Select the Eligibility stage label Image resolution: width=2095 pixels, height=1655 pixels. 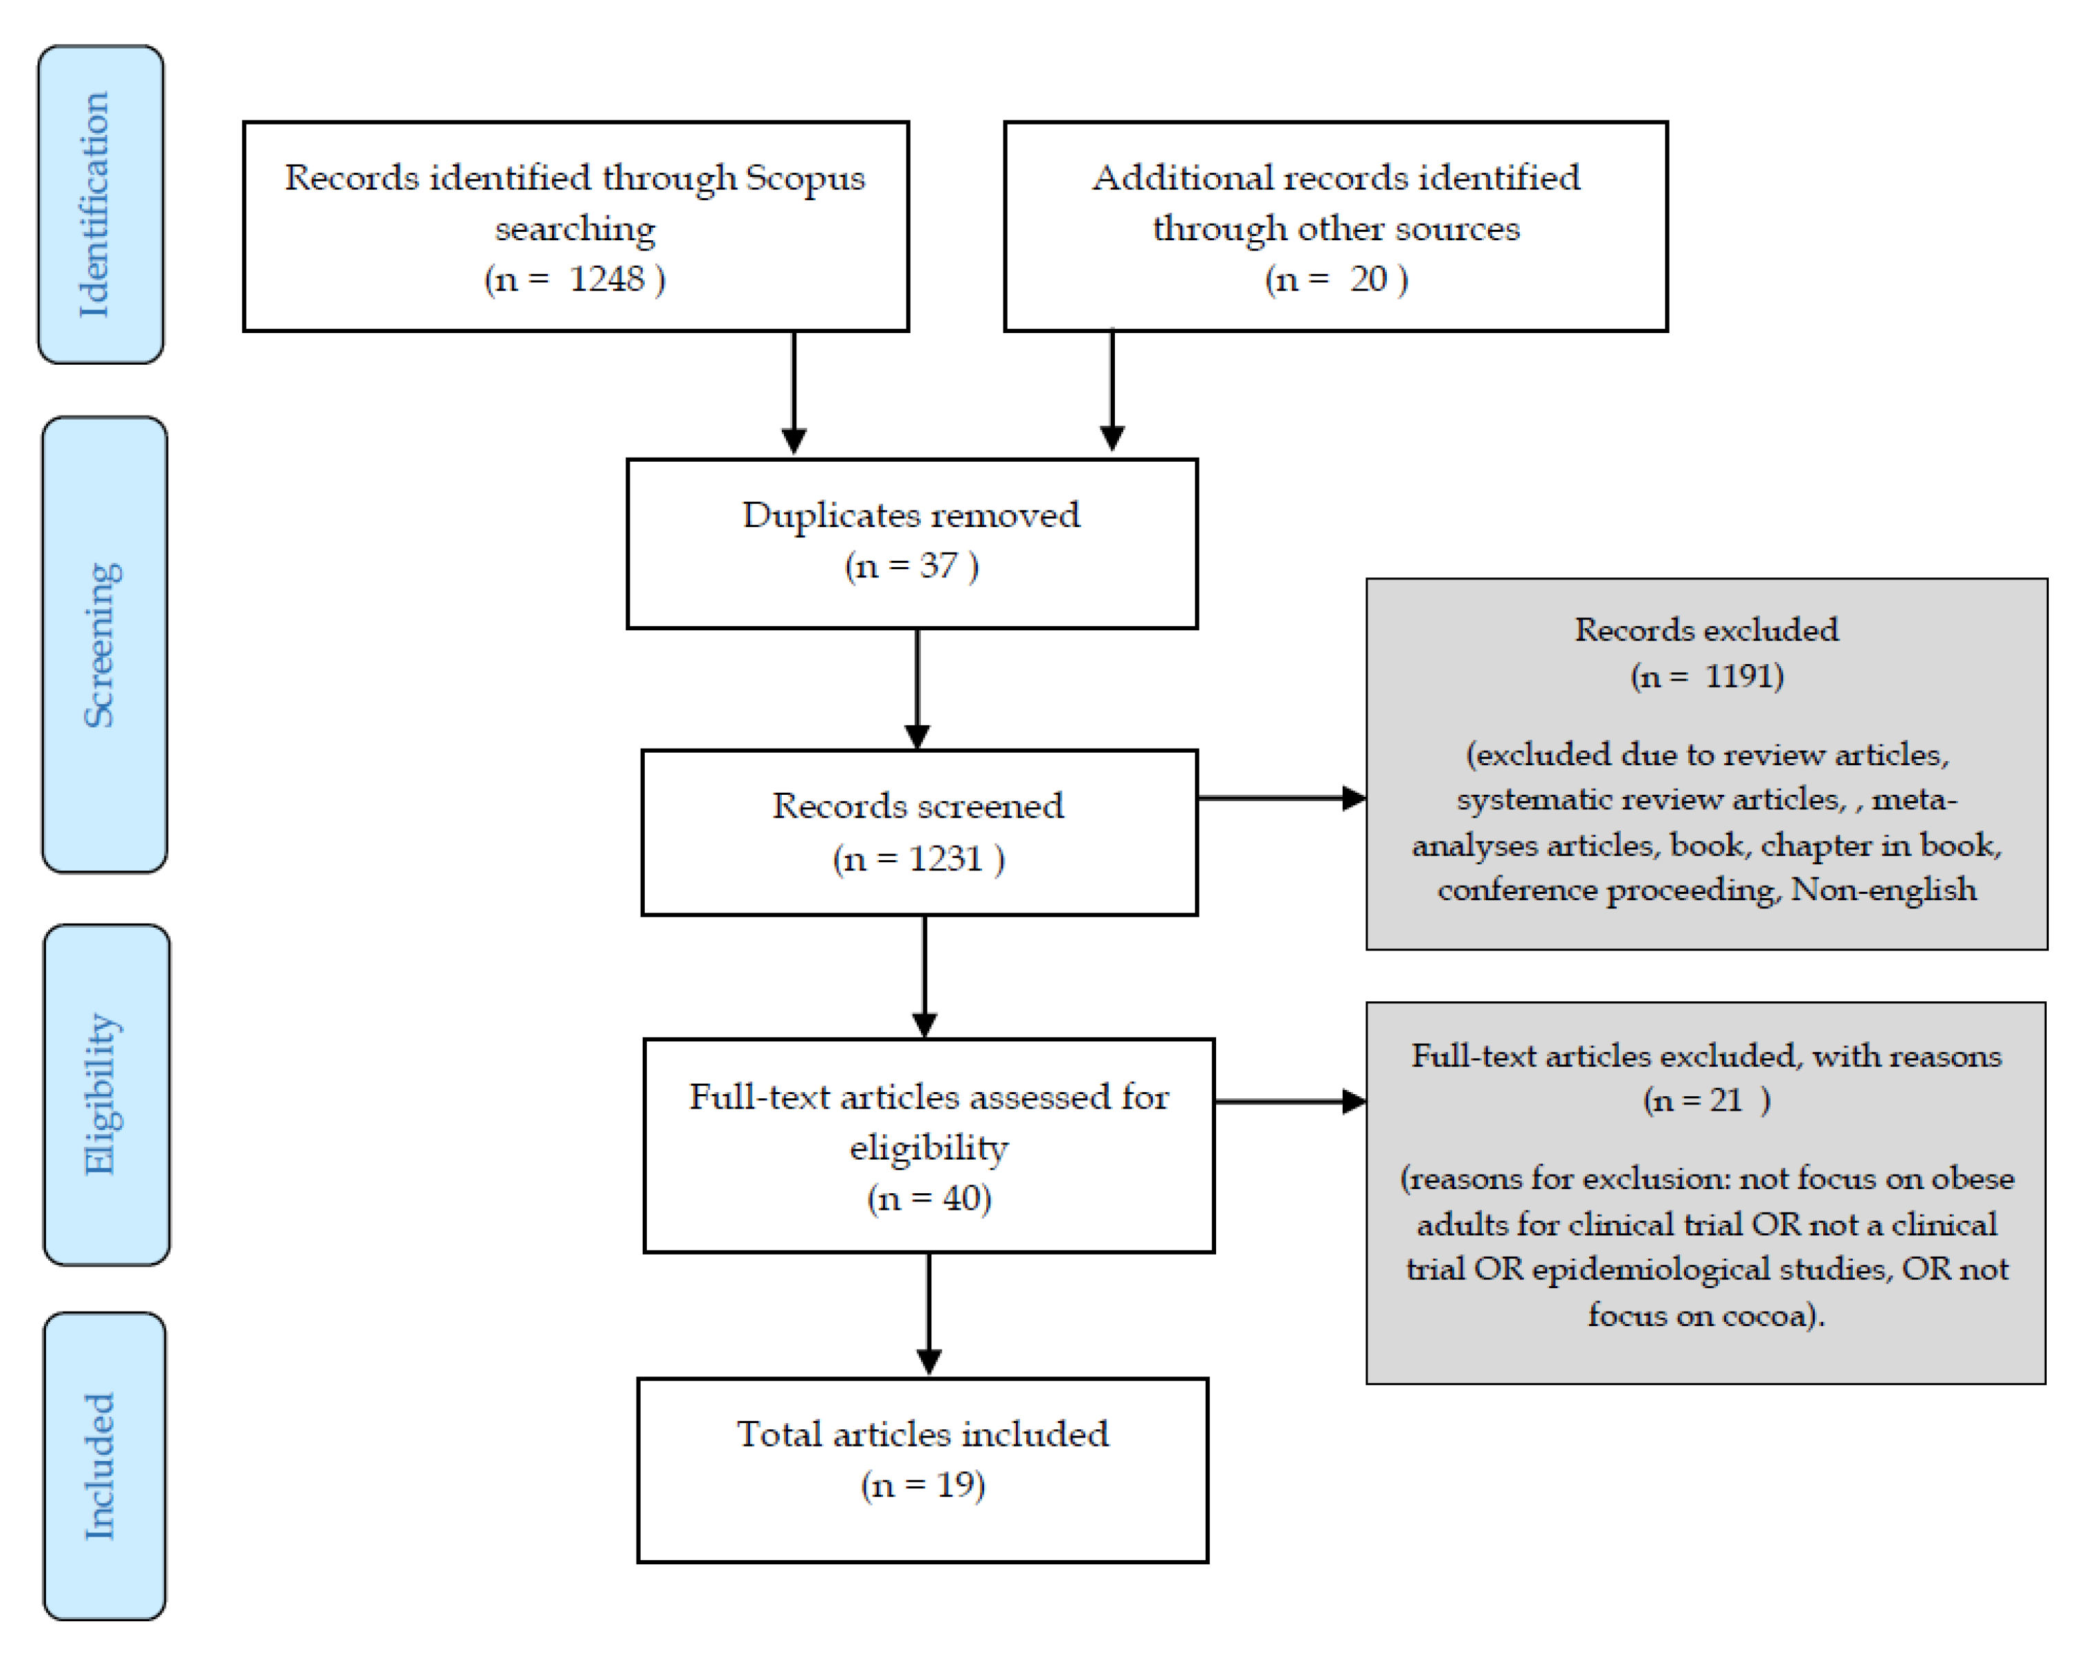103,1095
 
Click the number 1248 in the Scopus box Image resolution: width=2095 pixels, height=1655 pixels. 606,279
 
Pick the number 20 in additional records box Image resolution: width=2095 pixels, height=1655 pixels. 1368,279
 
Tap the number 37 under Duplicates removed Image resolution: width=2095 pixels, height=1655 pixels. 938,565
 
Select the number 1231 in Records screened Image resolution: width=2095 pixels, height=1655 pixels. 946,859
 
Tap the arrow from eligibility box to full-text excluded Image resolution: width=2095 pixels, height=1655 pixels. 1289,1102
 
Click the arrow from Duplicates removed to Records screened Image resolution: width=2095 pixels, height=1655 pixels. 917,689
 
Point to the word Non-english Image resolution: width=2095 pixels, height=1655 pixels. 1883,890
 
